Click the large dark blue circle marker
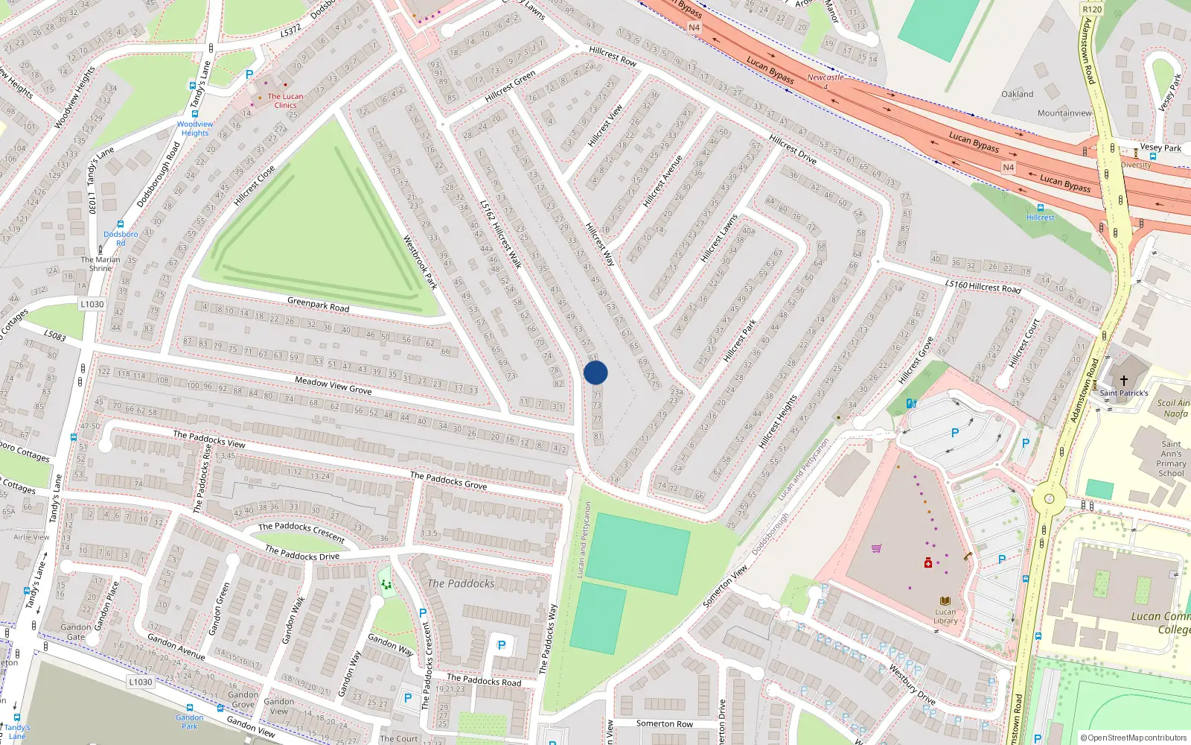(595, 372)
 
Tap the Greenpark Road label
(318, 304)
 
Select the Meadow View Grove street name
(333, 385)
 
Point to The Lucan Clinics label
(285, 101)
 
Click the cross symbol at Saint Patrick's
(1124, 381)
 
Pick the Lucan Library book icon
(945, 601)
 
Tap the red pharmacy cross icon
(928, 563)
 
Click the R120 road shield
(1092, 10)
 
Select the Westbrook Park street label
(420, 262)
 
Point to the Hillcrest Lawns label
(719, 238)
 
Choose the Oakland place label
(1017, 95)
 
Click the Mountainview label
(1064, 113)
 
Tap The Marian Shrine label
(100, 264)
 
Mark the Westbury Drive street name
(911, 684)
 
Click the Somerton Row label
(664, 723)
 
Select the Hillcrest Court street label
(1024, 343)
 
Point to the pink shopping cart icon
(876, 549)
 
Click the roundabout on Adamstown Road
(1049, 498)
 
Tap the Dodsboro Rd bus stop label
(121, 238)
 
